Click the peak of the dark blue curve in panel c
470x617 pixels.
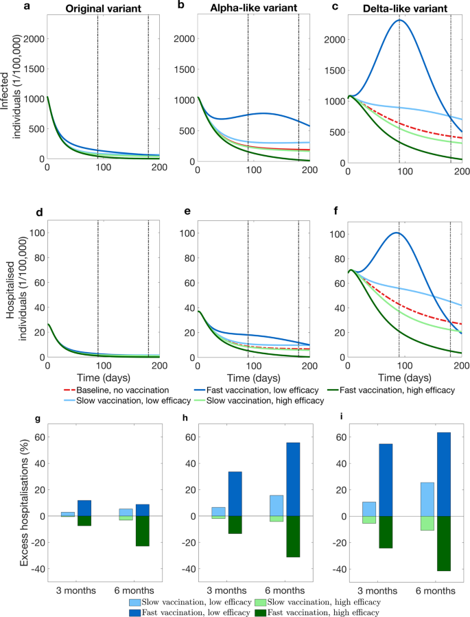[x=399, y=21]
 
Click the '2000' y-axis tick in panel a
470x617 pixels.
[x=32, y=39]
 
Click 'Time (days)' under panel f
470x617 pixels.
[x=405, y=377]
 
